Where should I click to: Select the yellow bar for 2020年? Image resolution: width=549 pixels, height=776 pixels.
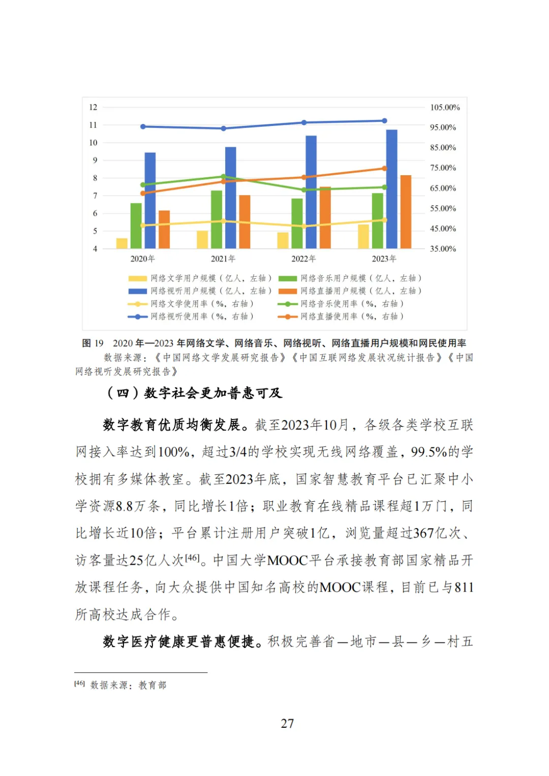[x=122, y=243]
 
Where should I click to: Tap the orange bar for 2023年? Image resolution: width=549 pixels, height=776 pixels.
[x=406, y=212]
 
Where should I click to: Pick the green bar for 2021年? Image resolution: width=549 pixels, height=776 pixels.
[x=217, y=219]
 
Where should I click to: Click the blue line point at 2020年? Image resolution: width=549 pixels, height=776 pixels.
[x=143, y=126]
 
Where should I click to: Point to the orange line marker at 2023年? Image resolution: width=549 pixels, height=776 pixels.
[x=384, y=169]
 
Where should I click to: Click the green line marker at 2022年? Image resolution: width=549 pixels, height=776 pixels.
[x=304, y=190]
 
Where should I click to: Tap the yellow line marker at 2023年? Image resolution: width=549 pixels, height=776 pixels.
[x=384, y=220]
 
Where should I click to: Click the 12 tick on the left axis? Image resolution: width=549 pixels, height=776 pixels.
[x=93, y=107]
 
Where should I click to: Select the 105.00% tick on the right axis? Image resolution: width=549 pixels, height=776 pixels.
[x=445, y=107]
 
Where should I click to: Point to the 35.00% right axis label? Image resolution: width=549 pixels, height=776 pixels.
[x=443, y=249]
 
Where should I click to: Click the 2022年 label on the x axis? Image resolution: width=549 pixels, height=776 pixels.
[x=303, y=259]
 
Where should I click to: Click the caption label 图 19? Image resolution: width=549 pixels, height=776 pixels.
[x=93, y=343]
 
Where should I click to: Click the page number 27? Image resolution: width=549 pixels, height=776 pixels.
[x=287, y=723]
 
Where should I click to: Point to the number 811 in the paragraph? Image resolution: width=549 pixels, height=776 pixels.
[x=464, y=588]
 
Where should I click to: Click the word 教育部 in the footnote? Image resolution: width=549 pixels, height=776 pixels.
[x=152, y=685]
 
